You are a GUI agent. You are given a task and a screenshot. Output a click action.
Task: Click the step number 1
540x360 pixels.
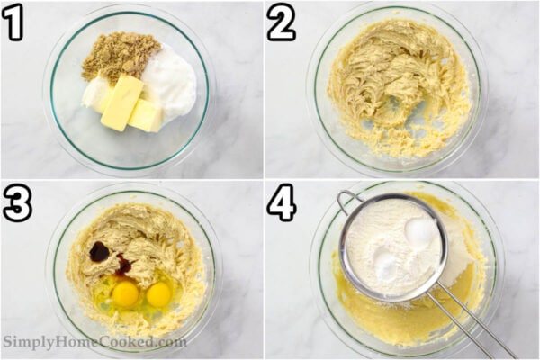13,23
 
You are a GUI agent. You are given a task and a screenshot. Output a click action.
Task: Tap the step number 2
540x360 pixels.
281,22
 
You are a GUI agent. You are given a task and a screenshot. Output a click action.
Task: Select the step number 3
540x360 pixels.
15,204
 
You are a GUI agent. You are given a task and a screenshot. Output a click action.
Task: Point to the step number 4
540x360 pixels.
281,204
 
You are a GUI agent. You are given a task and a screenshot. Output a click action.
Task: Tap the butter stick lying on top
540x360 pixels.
121,101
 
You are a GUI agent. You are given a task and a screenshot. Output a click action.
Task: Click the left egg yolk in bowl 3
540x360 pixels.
126,293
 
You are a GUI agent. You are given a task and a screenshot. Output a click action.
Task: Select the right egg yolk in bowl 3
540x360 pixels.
159,294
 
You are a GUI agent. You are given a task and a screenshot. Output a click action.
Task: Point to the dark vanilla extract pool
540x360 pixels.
100,252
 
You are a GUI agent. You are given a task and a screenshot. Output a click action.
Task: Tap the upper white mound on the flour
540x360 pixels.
418,232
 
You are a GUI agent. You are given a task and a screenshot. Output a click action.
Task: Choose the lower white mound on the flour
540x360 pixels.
385,265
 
